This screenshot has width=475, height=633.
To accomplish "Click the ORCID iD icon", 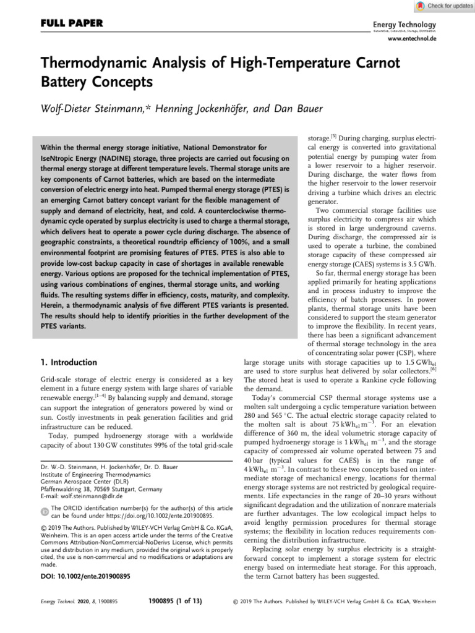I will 42,511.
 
